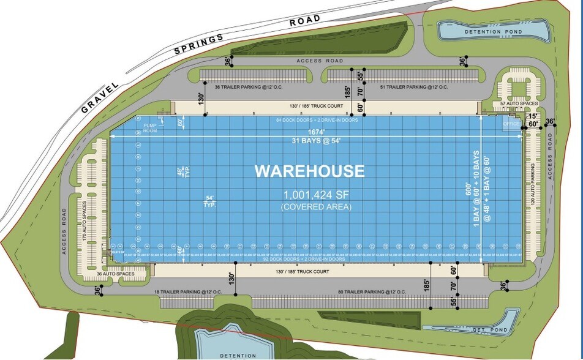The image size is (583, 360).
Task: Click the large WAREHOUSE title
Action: point(309,171)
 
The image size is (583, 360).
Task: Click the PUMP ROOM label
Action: point(151,128)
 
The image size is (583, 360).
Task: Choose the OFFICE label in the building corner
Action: point(511,124)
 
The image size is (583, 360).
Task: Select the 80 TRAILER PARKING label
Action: point(374,292)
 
